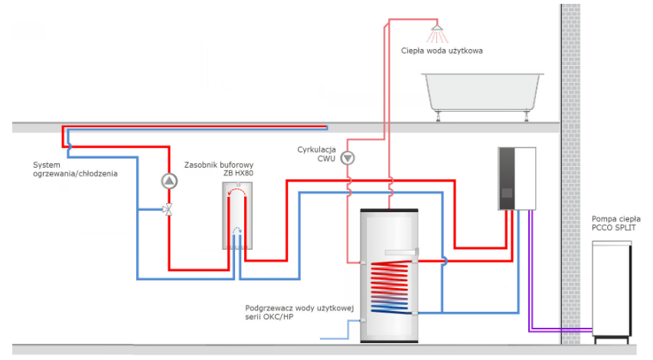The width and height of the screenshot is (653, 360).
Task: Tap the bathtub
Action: coord(485,93)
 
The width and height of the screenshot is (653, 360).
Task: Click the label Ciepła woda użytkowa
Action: coord(442,51)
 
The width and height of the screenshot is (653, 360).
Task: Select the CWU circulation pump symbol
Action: coord(348,159)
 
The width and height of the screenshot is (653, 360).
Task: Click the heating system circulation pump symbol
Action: coord(168,181)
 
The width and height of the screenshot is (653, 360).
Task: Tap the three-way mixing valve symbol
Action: coord(168,209)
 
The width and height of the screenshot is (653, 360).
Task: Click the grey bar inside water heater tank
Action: coord(401,252)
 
